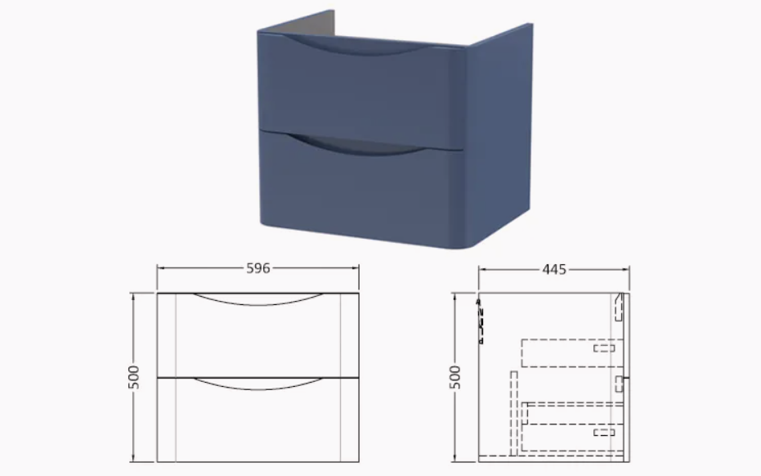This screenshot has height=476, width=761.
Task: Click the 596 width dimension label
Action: (257, 268)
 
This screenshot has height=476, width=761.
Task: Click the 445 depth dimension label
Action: (554, 270)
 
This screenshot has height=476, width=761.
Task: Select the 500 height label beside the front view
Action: (133, 377)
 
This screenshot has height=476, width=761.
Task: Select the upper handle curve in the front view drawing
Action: (258, 303)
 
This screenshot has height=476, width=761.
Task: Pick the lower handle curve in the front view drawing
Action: (258, 387)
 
